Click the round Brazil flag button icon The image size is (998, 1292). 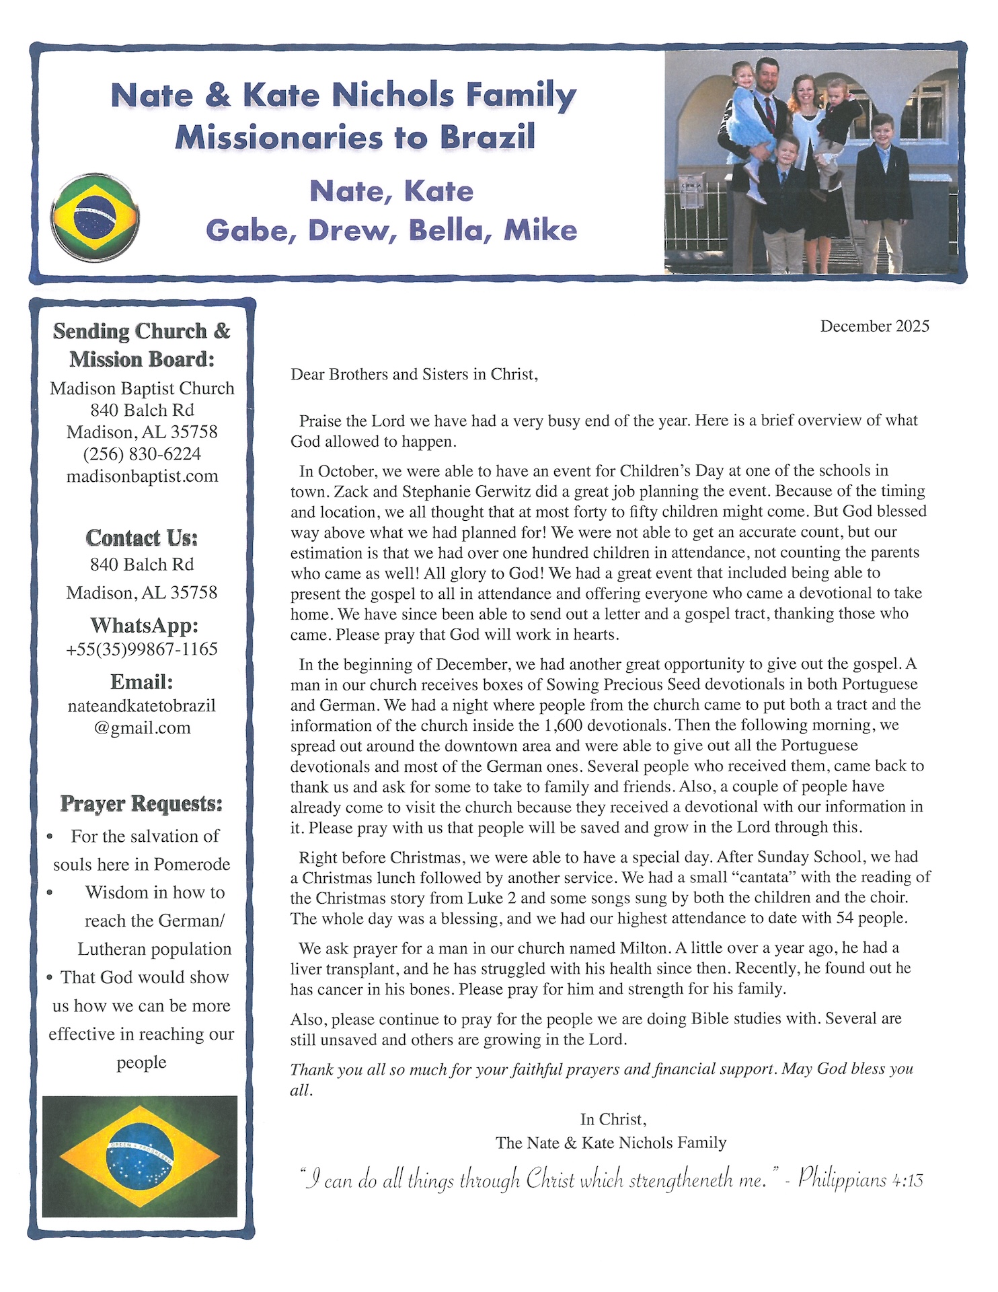pos(95,217)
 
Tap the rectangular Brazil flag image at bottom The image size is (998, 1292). pos(140,1156)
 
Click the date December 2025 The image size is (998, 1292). pos(874,326)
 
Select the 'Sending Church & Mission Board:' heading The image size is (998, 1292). pos(142,345)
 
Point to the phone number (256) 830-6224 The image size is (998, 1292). pos(142,454)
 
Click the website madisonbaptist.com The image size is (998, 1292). pos(142,476)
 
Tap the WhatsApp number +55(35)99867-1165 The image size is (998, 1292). pos(142,649)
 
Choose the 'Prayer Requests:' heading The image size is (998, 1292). pos(141,803)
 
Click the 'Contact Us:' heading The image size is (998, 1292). pos(142,538)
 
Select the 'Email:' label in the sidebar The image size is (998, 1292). pos(142,682)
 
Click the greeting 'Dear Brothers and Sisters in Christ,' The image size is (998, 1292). pos(414,374)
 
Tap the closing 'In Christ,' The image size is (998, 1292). pos(613,1119)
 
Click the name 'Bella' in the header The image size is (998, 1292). pos(446,231)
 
